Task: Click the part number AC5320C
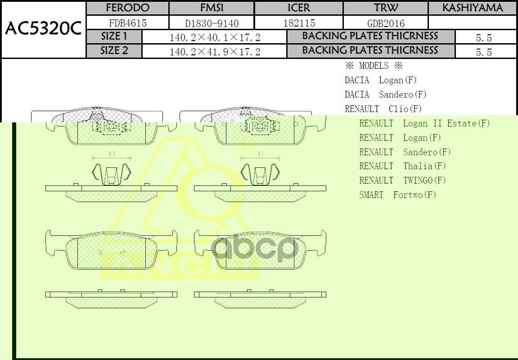click(43, 29)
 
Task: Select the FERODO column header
click(127, 8)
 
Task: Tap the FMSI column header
click(212, 8)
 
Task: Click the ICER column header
click(299, 8)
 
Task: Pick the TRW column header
click(386, 8)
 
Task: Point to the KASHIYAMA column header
click(472, 8)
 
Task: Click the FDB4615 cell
click(128, 23)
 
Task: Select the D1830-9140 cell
click(212, 23)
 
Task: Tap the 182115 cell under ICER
click(299, 23)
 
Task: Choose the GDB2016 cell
click(386, 23)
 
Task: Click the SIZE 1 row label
click(114, 36)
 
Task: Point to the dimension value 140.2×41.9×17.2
click(215, 52)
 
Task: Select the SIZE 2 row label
click(114, 51)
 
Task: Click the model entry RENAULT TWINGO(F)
click(402, 180)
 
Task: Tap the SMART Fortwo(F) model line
click(397, 195)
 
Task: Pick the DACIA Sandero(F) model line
click(385, 94)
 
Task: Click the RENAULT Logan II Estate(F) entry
click(424, 123)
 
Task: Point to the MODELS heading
click(374, 66)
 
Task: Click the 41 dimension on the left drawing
click(112, 154)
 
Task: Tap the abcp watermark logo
click(255, 249)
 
